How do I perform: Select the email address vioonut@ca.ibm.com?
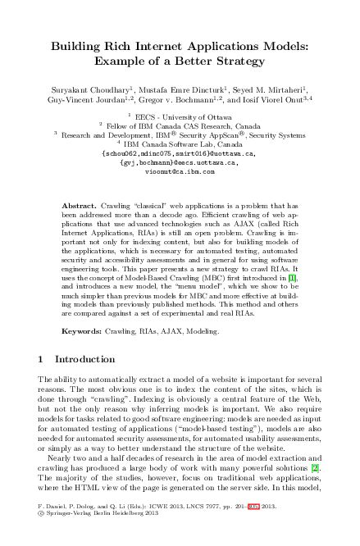(180, 172)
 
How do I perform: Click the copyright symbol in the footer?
(41, 539)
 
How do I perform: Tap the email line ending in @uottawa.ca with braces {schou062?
(180, 153)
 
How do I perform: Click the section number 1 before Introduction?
(41, 359)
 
